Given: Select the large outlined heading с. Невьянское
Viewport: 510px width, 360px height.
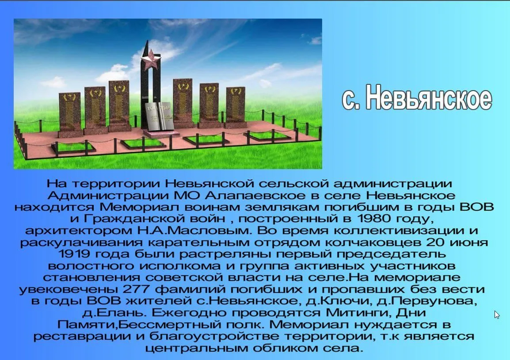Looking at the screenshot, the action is click(417, 97).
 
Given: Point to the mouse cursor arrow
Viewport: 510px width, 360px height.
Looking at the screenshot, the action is click(497, 315).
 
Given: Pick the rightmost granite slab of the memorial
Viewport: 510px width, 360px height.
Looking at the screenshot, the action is click(235, 107).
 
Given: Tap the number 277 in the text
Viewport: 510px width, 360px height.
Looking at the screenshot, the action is click(136, 289).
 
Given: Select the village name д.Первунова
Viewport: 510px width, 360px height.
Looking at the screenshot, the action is click(427, 301).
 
